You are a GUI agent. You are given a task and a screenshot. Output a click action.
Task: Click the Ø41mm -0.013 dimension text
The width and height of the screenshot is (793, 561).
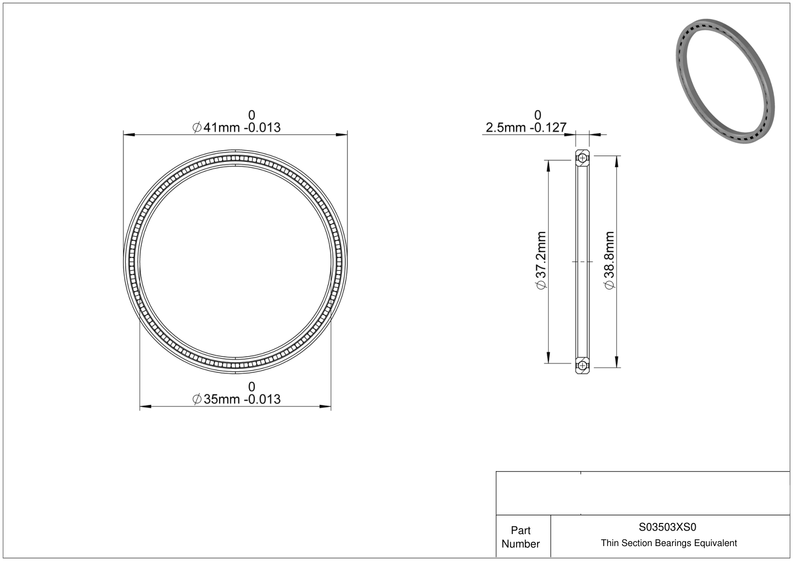tap(237, 128)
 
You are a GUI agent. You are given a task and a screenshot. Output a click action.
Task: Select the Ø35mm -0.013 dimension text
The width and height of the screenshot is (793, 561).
tap(237, 399)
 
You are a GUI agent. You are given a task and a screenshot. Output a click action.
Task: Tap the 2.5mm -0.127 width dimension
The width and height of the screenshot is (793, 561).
tap(526, 128)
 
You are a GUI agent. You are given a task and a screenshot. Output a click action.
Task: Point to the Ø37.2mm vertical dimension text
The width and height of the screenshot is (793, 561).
tap(541, 260)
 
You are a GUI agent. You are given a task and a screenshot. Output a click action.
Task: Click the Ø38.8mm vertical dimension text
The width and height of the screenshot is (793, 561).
tap(609, 260)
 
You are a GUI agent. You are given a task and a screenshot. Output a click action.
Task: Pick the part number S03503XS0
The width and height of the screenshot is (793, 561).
tap(667, 527)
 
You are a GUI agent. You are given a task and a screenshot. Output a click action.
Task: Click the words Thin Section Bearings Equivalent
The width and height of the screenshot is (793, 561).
tap(669, 543)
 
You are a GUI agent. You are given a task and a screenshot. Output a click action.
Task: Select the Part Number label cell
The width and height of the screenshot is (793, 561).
tap(520, 537)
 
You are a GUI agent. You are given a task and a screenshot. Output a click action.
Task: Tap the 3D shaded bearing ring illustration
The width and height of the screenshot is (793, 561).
tap(725, 81)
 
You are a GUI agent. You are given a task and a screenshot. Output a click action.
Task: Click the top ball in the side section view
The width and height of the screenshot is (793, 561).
tap(582, 158)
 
